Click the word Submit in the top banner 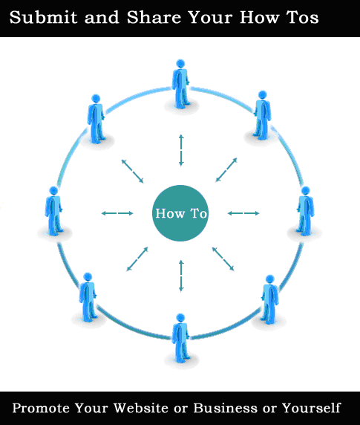[x=43, y=17]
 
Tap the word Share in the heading [x=154, y=17]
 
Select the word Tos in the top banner [x=303, y=17]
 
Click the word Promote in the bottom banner [x=41, y=408]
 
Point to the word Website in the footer [x=140, y=408]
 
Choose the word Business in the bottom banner [x=225, y=408]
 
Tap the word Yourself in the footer [x=311, y=408]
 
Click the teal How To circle [x=180, y=213]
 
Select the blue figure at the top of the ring [x=180, y=84]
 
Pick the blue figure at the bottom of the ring [x=180, y=338]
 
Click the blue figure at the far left [x=53, y=211]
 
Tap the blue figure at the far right [x=306, y=211]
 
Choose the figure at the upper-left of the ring [x=96, y=119]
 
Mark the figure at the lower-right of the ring [x=270, y=299]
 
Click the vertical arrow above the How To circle [x=181, y=150]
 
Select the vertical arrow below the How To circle [x=181, y=276]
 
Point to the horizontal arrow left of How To [x=117, y=213]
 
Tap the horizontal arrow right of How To [x=243, y=213]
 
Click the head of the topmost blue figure [x=180, y=64]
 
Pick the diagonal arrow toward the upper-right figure [x=226, y=170]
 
